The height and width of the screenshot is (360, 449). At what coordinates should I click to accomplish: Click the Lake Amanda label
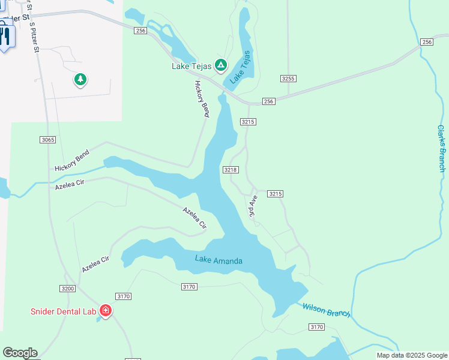[218, 260]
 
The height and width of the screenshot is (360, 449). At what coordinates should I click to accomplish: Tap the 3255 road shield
[289, 79]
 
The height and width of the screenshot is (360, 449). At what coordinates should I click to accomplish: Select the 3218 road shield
[231, 170]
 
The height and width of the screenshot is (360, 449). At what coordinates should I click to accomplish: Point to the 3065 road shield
[48, 140]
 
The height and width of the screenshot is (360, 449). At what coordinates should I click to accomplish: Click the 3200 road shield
[68, 289]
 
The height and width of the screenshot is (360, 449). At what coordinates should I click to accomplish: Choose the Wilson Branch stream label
[326, 310]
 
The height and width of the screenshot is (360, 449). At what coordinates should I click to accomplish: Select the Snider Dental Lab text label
[65, 311]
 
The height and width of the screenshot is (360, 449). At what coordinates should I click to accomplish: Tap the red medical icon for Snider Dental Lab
[106, 311]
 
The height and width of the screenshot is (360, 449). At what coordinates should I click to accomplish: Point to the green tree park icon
[80, 79]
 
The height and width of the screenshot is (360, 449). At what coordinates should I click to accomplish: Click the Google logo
[20, 353]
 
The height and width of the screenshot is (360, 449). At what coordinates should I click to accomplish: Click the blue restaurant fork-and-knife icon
[5, 37]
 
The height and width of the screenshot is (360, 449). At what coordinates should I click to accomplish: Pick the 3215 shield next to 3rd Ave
[275, 194]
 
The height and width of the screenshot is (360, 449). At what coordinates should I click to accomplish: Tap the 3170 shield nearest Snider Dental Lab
[124, 296]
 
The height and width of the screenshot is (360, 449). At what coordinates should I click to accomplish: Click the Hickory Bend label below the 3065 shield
[71, 161]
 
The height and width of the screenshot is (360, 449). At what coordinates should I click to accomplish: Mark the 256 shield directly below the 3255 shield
[268, 101]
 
